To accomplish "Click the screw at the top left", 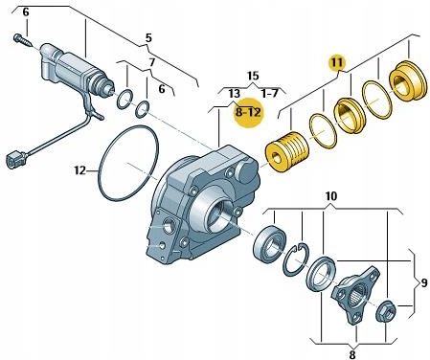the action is [x=22, y=40].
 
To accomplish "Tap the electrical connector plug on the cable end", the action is [x=16, y=159].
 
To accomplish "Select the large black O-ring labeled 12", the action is [x=128, y=163].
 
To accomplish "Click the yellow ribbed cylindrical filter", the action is [x=287, y=152].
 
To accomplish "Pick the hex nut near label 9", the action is [x=386, y=311].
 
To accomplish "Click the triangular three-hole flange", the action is [x=355, y=294].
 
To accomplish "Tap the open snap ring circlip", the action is [x=296, y=259].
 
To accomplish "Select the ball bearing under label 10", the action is [x=269, y=243].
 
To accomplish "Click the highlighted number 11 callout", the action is [x=337, y=62].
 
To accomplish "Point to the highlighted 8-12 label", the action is [x=248, y=112].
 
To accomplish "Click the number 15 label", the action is [x=253, y=76].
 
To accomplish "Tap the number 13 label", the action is [x=234, y=94].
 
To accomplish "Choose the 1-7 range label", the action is [x=270, y=93].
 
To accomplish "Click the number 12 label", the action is [x=80, y=170].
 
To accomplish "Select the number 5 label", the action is [x=148, y=38].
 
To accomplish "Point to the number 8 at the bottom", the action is [x=352, y=354].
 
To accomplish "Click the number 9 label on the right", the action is [x=423, y=282].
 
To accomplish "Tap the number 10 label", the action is [x=330, y=196].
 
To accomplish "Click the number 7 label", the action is [x=152, y=62].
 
